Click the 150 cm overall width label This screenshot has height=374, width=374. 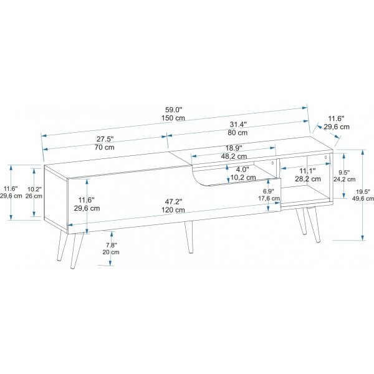click(173, 118)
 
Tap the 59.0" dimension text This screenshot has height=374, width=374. click(174, 110)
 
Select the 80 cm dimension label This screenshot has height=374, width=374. click(237, 132)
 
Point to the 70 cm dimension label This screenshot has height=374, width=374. click(105, 147)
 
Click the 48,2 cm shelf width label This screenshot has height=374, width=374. click(234, 156)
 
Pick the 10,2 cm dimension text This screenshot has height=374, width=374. click(243, 178)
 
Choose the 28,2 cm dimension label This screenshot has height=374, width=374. click(308, 179)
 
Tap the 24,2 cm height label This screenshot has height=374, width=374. click(344, 179)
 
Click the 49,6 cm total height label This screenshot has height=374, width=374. click(363, 198)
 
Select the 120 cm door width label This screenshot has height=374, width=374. click(173, 210)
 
